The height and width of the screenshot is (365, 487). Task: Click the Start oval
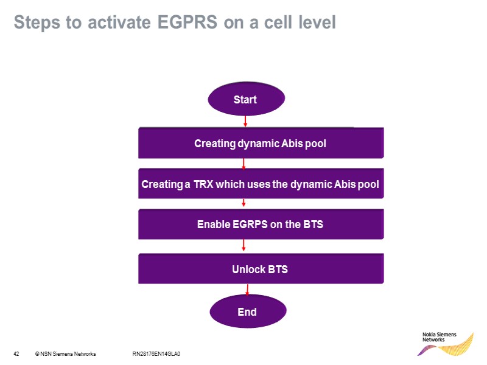(x=245, y=99)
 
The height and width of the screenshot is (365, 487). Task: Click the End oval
(x=247, y=312)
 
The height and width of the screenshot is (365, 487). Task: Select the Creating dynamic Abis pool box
(x=261, y=144)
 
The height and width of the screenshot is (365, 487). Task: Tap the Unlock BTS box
(x=261, y=269)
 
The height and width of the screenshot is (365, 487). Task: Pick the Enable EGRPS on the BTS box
(x=261, y=224)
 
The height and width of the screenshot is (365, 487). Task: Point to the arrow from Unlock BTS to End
(x=247, y=290)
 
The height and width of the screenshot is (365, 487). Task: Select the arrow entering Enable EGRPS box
(x=243, y=203)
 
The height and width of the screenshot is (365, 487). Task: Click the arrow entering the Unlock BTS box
(x=243, y=245)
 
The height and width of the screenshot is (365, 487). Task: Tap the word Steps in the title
(x=35, y=23)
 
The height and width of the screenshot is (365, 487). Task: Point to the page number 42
(x=16, y=353)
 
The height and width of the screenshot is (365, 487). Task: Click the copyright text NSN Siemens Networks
(x=68, y=353)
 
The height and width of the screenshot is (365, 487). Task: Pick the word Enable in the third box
(x=214, y=224)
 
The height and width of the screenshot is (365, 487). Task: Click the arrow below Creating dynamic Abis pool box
(x=243, y=163)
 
